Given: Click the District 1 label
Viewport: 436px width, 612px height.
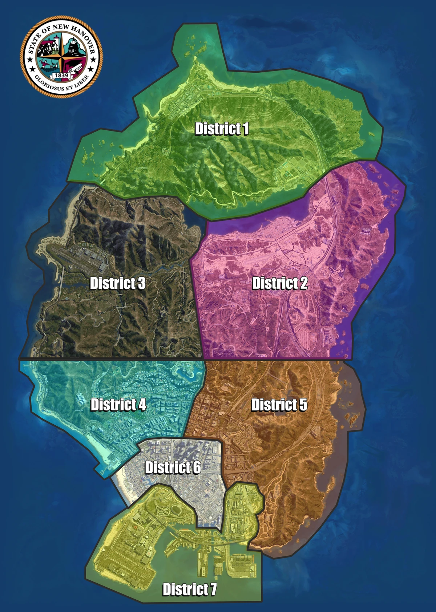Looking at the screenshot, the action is tap(222, 129).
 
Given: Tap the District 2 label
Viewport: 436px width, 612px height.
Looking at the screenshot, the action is tap(280, 283).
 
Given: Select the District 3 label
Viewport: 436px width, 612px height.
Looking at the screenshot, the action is tap(117, 283).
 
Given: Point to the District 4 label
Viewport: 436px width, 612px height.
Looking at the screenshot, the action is tap(118, 404).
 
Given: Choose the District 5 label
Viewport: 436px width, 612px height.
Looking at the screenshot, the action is tap(279, 405).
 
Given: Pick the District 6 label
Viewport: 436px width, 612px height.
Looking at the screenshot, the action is tap(173, 467).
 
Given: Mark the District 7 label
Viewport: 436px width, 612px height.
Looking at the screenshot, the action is tap(189, 589).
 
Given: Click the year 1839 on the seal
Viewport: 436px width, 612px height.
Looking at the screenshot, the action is tap(61, 75).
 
